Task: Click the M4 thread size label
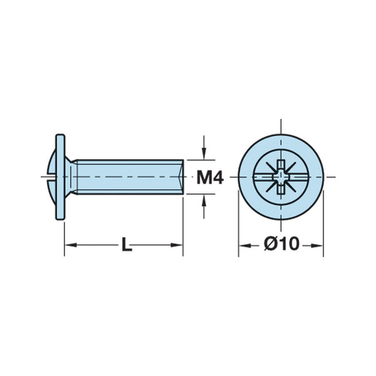[210, 177]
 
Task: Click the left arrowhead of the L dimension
[70, 245]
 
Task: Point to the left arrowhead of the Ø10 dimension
[243, 245]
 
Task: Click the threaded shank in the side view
[125, 177]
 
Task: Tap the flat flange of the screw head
[61, 177]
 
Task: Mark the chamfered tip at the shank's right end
[181, 177]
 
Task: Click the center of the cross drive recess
[281, 177]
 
